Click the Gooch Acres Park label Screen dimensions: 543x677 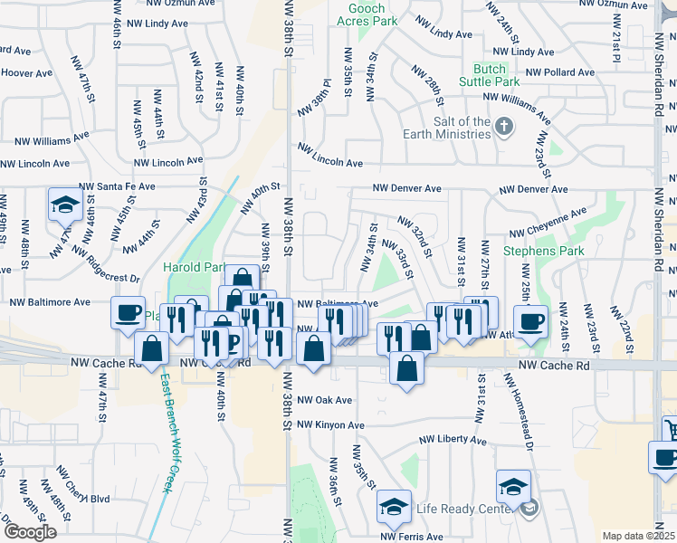pos(367,14)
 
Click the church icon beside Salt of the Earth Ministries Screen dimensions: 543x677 pos(505,129)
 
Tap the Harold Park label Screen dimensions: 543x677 pos(193,267)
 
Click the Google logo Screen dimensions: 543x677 pos(29,532)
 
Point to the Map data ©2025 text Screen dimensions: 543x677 pos(639,536)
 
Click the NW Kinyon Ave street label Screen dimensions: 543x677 pos(330,424)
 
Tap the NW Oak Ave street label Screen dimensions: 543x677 pos(324,400)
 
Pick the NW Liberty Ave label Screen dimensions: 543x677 pos(453,440)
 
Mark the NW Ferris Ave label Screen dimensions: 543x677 pos(412,537)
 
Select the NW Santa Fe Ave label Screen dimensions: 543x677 pos(117,186)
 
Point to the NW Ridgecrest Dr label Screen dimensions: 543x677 pos(113,266)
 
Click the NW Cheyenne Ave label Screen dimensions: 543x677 pos(547,223)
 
